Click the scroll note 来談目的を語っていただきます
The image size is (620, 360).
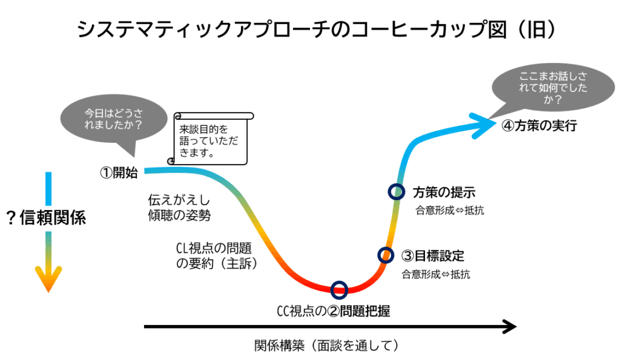click(209, 140)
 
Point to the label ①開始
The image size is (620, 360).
click(119, 172)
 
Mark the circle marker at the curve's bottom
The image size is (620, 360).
click(340, 289)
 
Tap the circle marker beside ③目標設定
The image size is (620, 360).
click(385, 255)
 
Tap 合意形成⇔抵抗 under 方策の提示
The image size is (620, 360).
click(449, 211)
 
